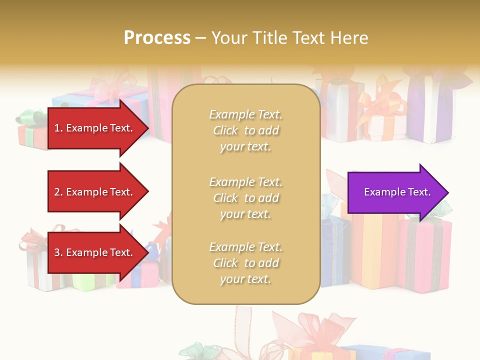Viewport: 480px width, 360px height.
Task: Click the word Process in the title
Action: click(x=157, y=38)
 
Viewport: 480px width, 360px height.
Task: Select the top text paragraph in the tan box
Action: click(x=245, y=130)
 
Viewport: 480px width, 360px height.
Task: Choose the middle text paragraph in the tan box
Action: click(x=245, y=197)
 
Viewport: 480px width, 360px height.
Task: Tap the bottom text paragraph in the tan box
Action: click(x=245, y=263)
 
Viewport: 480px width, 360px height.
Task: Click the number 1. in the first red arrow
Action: click(x=58, y=128)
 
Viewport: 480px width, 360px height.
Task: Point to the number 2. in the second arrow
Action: click(x=58, y=192)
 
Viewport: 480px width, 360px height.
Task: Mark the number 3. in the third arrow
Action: click(x=58, y=252)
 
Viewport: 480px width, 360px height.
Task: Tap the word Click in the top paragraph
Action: click(x=225, y=130)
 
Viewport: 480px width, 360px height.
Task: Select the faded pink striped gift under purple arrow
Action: click(x=425, y=255)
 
